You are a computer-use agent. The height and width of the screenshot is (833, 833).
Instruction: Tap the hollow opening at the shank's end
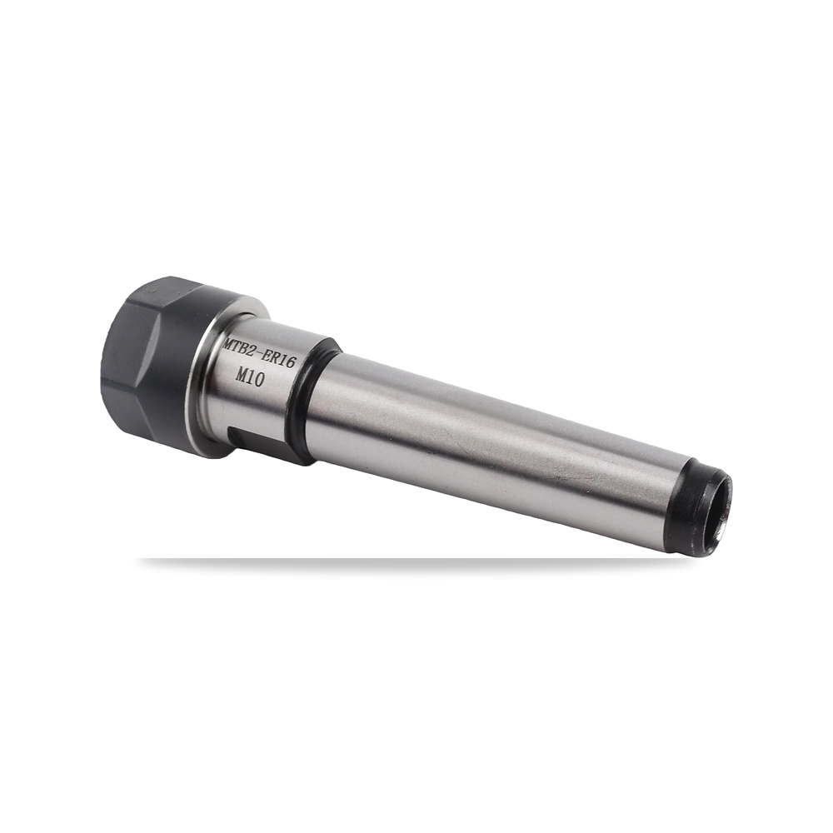720,513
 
